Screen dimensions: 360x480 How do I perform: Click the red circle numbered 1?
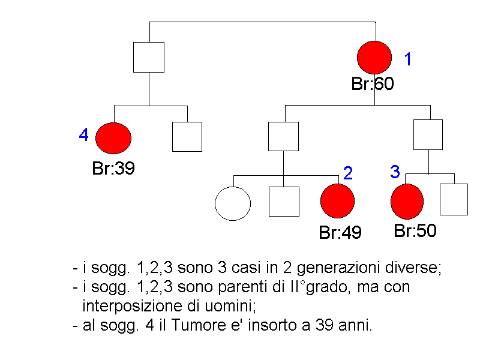(374, 58)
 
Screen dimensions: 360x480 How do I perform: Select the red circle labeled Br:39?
(113, 138)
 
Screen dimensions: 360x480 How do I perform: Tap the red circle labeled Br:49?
(338, 201)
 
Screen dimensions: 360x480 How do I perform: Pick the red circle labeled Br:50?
(407, 202)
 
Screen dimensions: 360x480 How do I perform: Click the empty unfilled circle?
(233, 203)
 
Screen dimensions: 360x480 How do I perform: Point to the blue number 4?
(84, 136)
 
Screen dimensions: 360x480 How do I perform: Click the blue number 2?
(348, 174)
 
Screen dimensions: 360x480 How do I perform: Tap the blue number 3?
(395, 172)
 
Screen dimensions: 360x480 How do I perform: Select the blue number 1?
(408, 59)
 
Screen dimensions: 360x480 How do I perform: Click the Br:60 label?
(372, 85)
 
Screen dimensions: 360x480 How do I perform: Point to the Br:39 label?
(113, 169)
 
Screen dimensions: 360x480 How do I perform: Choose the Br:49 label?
(340, 233)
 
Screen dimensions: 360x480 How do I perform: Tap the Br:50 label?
(415, 231)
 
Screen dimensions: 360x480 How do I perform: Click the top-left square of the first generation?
(149, 58)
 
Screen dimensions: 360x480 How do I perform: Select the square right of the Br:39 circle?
(187, 137)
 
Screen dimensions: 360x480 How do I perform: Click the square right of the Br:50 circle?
(454, 200)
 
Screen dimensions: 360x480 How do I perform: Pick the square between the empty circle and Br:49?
(284, 202)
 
